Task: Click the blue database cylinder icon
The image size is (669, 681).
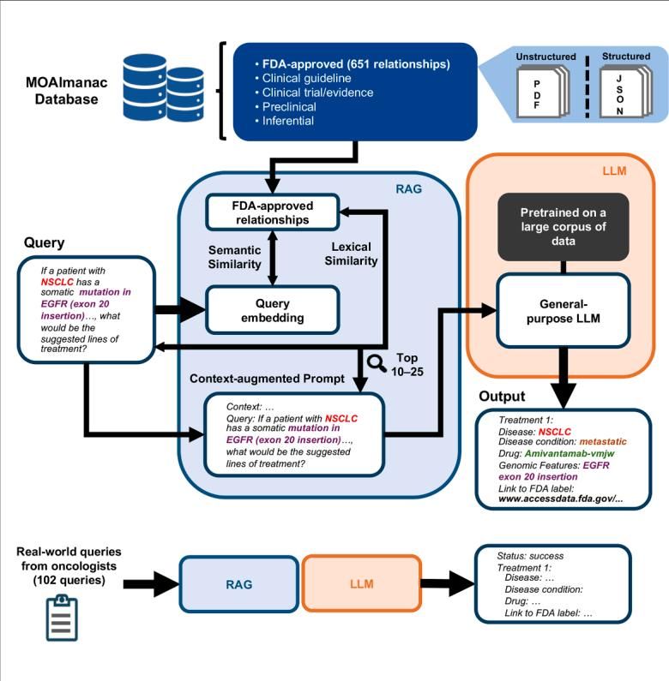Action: click(163, 88)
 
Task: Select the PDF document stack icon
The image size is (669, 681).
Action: click(542, 91)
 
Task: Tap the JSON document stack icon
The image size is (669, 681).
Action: click(625, 91)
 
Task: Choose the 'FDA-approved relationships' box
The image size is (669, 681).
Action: click(272, 212)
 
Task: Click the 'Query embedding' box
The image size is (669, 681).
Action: click(272, 310)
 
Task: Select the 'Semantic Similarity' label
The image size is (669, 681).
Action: click(234, 257)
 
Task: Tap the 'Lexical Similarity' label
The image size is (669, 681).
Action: click(351, 254)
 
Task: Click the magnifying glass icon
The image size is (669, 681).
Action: click(377, 363)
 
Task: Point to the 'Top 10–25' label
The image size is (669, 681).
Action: click(407, 364)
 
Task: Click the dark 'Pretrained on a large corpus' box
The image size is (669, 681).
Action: click(564, 227)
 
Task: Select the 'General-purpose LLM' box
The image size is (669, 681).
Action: click(564, 311)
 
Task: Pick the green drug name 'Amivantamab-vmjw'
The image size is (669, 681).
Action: click(570, 453)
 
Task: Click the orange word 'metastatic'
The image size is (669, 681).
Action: click(603, 442)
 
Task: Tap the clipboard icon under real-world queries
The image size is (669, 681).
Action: click(62, 618)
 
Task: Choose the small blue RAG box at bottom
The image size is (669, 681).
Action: click(239, 584)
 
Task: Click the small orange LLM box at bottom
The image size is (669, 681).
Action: click(361, 583)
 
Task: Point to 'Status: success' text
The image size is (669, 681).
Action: click(530, 556)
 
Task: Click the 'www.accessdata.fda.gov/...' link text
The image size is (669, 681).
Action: click(561, 499)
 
